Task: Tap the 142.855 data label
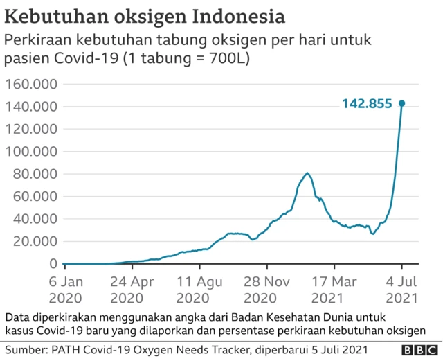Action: coord(367,104)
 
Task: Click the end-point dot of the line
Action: coord(401,103)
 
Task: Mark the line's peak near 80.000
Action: coord(307,173)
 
